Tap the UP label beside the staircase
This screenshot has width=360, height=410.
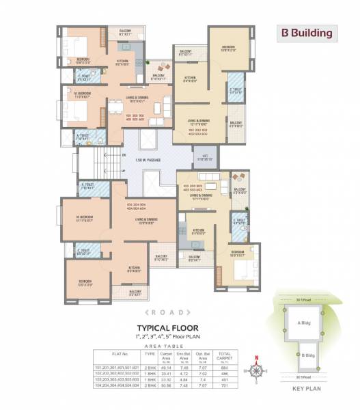(123, 171)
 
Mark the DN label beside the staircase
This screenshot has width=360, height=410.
(123, 155)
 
